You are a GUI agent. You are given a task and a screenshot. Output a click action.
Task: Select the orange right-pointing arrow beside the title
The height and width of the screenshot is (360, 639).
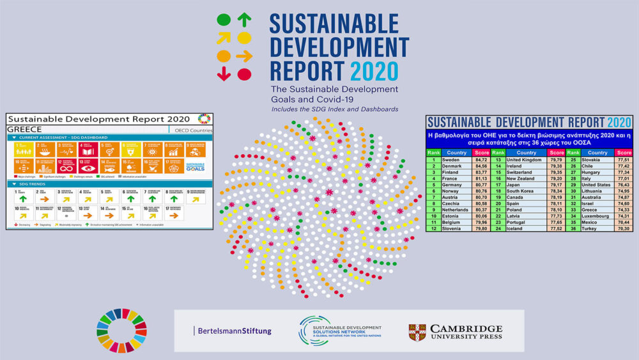click(244, 56)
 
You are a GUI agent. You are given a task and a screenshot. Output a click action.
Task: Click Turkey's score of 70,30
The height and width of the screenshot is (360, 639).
click(623, 228)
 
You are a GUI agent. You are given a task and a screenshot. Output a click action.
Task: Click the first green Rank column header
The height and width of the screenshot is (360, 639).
click(434, 152)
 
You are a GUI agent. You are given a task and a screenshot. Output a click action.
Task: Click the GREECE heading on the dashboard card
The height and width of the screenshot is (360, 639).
click(24, 128)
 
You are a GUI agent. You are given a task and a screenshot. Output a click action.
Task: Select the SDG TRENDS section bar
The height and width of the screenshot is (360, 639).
click(109, 184)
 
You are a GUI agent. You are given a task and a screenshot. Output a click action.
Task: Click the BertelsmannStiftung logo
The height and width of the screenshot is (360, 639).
click(233, 331)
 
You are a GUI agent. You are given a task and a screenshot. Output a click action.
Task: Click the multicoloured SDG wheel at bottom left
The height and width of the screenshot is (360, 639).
click(121, 331)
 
